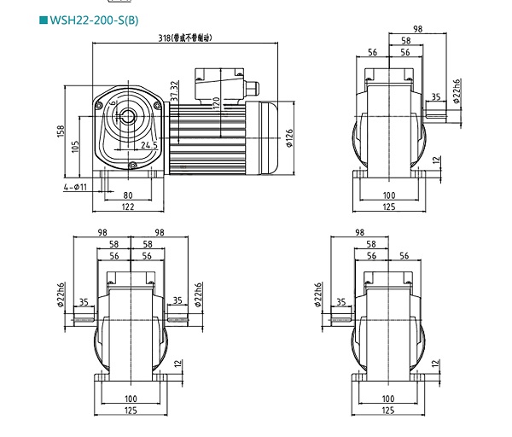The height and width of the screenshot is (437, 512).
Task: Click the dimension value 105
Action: pyautogui.click(x=77, y=147)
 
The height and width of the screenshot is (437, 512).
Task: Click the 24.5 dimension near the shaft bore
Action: pyautogui.click(x=149, y=146)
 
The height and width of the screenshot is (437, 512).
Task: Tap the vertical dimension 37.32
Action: pyautogui.click(x=175, y=90)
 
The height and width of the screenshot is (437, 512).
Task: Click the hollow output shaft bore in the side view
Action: pyautogui.click(x=130, y=114)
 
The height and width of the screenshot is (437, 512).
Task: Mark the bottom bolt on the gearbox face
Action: pyautogui.click(x=131, y=165)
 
